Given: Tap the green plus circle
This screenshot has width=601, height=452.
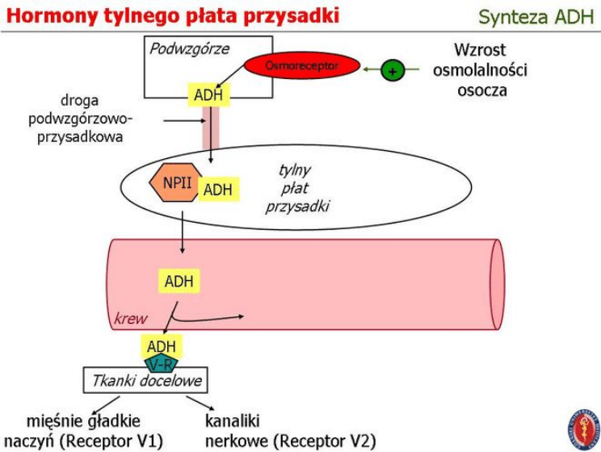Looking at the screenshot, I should click(x=393, y=71).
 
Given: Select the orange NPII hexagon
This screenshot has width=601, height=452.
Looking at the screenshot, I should click(x=177, y=182).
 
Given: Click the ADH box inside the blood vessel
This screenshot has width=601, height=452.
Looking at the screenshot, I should click(x=179, y=282).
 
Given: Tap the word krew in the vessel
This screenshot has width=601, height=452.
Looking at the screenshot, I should click(x=130, y=318).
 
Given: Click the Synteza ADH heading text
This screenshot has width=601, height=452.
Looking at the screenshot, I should click(x=536, y=17).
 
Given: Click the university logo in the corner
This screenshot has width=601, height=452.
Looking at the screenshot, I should click(x=583, y=429).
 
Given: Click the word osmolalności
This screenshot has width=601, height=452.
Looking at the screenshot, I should click(x=480, y=70).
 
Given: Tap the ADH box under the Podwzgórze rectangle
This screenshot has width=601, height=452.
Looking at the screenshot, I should click(x=208, y=95).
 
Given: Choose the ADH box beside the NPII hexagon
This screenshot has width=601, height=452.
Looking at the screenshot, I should click(x=217, y=190).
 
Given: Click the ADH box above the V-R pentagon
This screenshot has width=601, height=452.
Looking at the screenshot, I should click(x=161, y=346).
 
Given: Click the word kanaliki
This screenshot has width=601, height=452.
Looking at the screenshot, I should click(x=233, y=421).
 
